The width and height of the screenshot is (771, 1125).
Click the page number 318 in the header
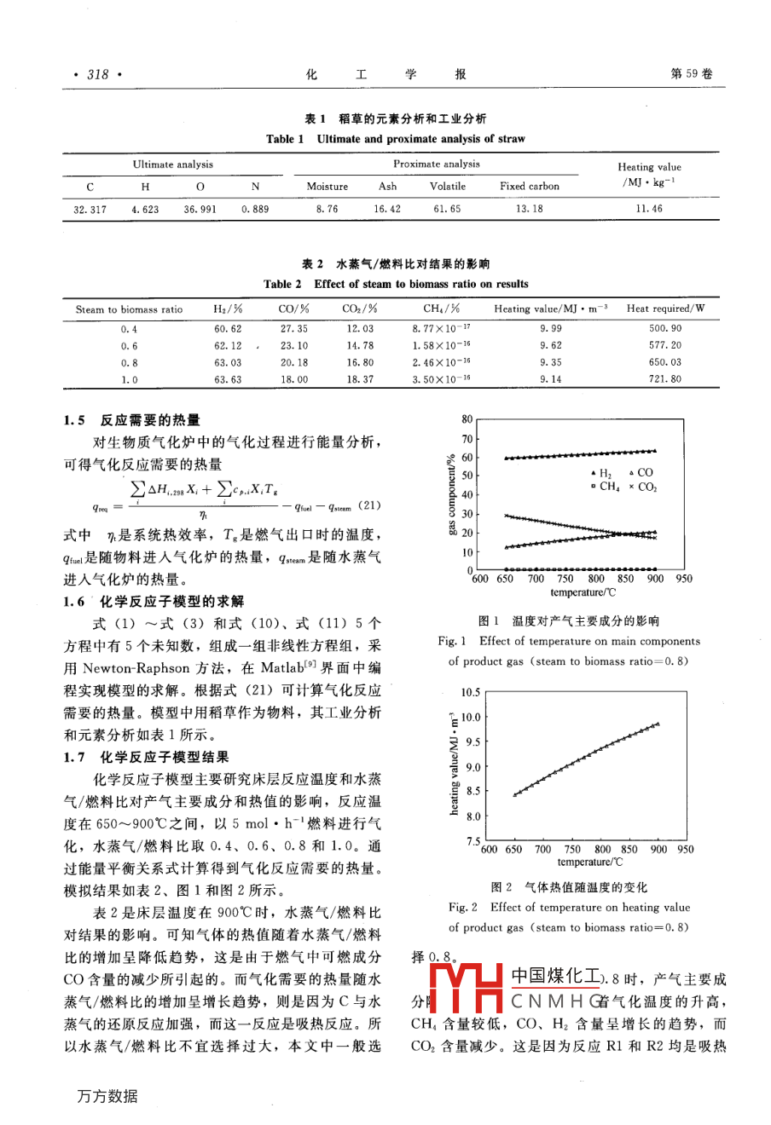[98, 75]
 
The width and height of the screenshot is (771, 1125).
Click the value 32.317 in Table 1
[90, 209]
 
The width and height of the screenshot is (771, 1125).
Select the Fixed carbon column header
[530, 187]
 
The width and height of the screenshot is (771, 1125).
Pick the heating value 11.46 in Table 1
[649, 209]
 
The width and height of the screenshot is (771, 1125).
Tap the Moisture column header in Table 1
[328, 187]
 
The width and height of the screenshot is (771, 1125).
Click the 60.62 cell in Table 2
[228, 329]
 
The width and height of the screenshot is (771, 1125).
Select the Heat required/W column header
[665, 309]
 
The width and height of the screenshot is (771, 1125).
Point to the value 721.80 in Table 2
[665, 380]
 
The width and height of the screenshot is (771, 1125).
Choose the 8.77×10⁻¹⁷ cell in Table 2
[442, 329]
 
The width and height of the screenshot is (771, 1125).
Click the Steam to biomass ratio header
[129, 309]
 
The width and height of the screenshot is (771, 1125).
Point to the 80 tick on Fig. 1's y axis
[467, 419]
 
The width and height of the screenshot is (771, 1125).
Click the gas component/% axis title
[451, 494]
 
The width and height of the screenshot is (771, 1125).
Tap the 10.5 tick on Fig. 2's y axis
[470, 693]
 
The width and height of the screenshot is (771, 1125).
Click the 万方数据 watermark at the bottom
[107, 1097]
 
